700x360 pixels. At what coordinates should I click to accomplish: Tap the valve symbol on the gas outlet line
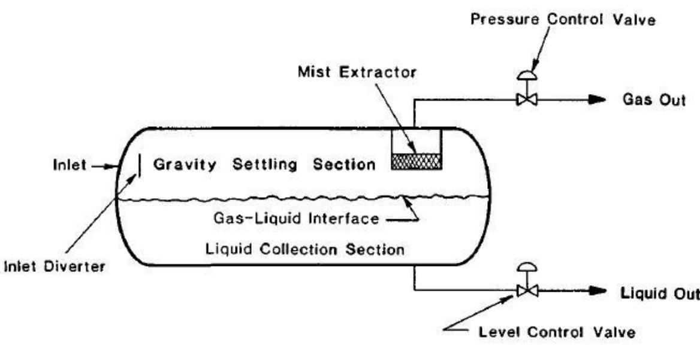527,99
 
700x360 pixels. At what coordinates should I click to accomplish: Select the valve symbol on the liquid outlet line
527,291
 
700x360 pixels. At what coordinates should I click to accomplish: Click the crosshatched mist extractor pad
416,161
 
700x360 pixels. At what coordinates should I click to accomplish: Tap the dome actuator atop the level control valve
527,268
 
